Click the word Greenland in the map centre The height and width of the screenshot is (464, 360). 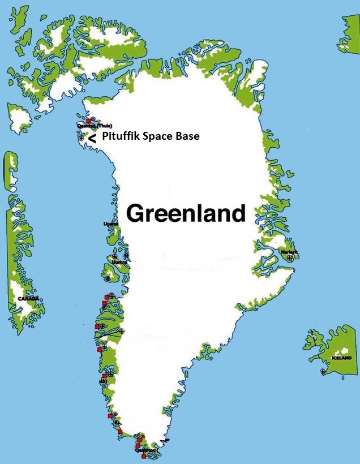click(x=186, y=214)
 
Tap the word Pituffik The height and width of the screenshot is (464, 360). click(x=121, y=136)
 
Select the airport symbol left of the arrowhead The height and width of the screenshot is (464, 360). click(x=82, y=138)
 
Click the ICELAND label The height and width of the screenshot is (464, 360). click(x=342, y=358)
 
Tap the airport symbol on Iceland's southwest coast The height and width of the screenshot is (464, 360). click(x=323, y=371)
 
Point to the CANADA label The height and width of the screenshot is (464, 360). click(x=28, y=298)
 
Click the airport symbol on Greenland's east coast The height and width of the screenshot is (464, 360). click(x=290, y=258)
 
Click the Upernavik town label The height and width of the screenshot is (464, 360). click(x=111, y=224)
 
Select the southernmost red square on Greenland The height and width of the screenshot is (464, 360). click(x=144, y=456)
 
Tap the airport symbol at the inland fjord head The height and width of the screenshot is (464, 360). click(x=123, y=331)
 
